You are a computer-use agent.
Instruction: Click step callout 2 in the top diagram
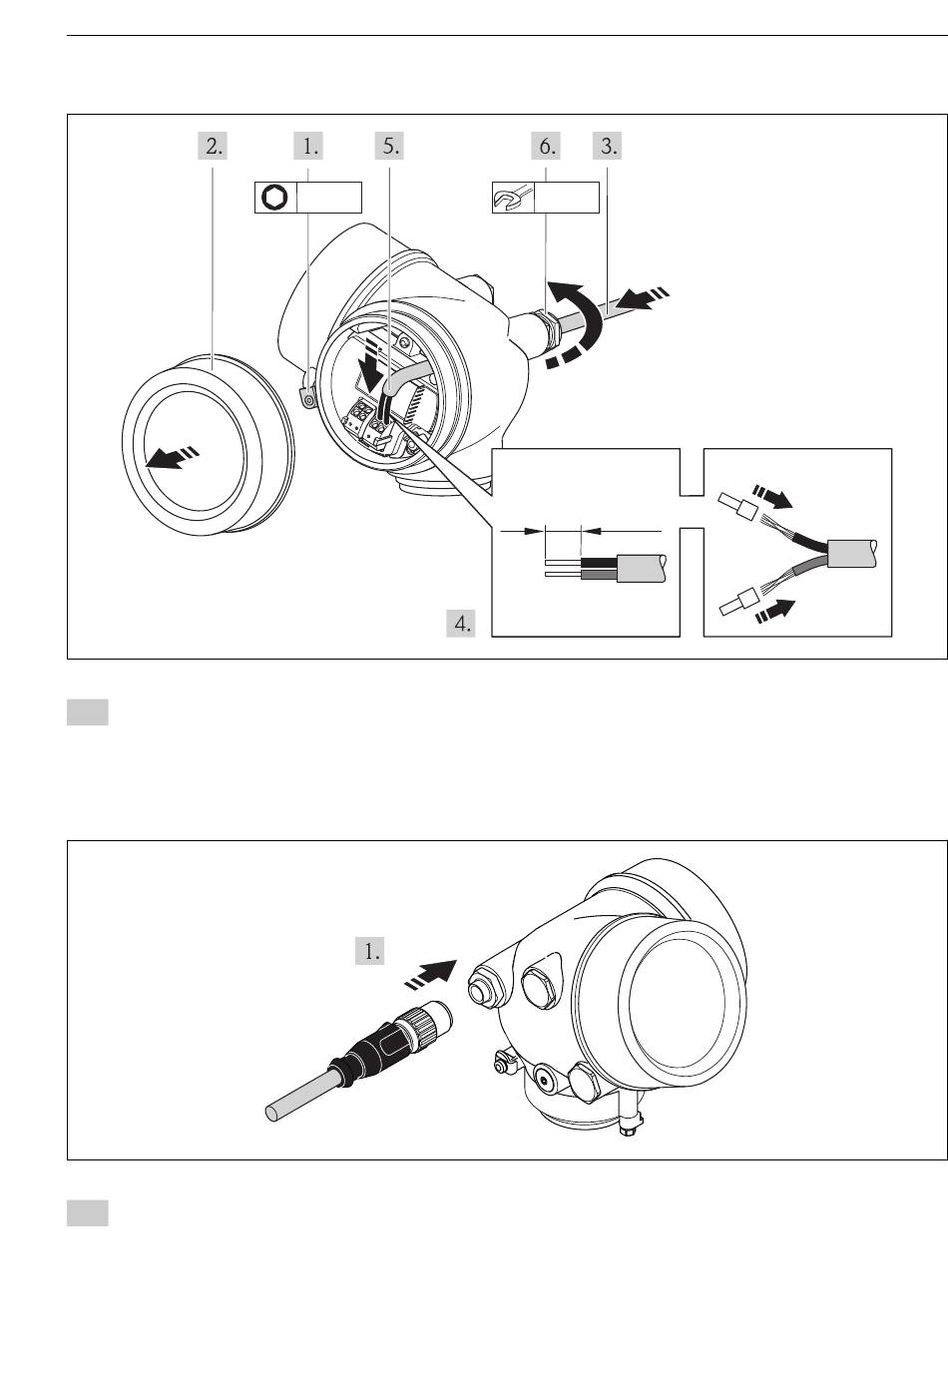tap(213, 147)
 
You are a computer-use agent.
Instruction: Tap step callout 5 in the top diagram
tap(389, 147)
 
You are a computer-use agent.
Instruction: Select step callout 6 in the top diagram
tap(546, 147)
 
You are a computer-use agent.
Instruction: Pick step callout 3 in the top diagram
tap(608, 147)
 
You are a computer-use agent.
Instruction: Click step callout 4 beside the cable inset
tap(461, 624)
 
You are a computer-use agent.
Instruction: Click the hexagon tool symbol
tap(274, 198)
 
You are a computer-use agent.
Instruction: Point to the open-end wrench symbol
tap(512, 198)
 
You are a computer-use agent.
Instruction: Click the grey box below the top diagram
tap(88, 712)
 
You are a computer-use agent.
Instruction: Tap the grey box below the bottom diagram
tap(88, 1213)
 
